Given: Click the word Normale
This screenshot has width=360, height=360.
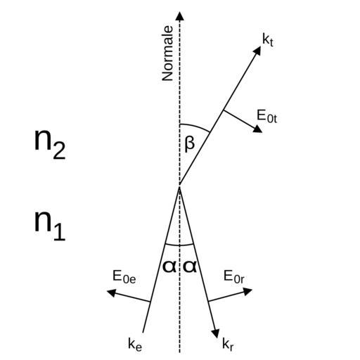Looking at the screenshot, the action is point(167,53).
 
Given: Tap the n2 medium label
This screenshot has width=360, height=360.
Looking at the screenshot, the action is point(50,144).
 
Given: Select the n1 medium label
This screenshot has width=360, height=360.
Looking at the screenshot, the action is point(50,225).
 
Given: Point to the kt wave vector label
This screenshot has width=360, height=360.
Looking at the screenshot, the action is point(268,40).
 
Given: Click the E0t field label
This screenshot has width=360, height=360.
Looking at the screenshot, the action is point(266,117).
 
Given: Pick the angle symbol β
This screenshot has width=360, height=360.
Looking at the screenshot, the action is point(189,144).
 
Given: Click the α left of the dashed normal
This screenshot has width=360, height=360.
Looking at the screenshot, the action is point(169,266).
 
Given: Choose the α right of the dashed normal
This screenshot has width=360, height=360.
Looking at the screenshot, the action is point(190,266).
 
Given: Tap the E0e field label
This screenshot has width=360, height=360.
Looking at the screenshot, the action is point(124,277).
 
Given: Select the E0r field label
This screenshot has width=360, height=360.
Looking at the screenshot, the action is point(234,277).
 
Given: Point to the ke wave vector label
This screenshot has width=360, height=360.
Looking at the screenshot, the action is point(135,345).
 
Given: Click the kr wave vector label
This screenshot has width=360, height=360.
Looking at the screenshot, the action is point(228,345).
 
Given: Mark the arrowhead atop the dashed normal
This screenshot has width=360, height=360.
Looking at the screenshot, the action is point(180,16).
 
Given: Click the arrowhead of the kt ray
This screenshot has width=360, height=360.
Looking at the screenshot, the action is point(257,51).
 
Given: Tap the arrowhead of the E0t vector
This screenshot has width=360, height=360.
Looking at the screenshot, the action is point(258,129).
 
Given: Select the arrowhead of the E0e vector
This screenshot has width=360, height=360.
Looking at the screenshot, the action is point(111,292).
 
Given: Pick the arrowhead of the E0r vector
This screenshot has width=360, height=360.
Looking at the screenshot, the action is point(247,292).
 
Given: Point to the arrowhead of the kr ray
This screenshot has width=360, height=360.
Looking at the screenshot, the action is point(216,333).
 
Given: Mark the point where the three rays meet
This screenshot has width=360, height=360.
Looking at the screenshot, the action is point(179,186).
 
